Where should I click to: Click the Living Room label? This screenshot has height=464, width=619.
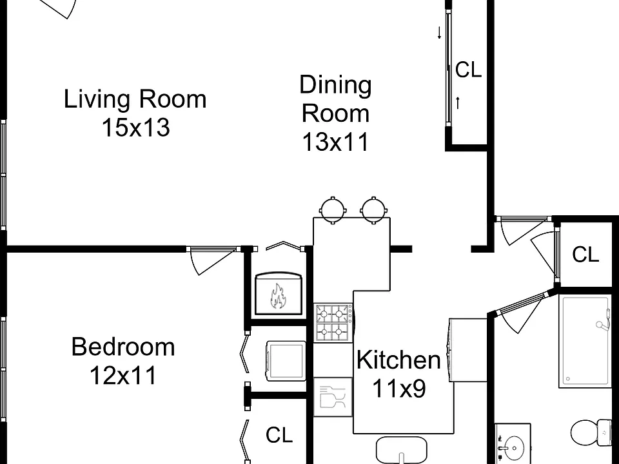[135, 99]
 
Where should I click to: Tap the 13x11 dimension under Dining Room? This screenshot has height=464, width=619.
[335, 142]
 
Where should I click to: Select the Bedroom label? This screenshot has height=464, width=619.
[123, 347]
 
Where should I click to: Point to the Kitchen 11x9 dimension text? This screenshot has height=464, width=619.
[399, 388]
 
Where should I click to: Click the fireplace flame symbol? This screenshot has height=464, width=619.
[278, 296]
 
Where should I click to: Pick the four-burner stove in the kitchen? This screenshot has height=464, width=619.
[333, 323]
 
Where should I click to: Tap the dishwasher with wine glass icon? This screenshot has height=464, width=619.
[333, 397]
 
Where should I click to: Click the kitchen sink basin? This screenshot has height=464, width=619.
[402, 450]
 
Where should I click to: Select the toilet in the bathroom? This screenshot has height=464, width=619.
[591, 433]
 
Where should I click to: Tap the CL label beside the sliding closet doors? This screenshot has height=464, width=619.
[468, 70]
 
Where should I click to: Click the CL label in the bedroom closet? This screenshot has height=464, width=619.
[279, 435]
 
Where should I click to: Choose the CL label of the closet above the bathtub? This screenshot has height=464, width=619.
[585, 255]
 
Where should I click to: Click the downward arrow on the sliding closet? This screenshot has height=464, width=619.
[439, 33]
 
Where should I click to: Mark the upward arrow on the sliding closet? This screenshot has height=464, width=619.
[458, 102]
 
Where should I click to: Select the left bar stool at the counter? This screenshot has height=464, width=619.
[333, 209]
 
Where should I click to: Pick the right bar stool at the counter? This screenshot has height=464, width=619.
[373, 209]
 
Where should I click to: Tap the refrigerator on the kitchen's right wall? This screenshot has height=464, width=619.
[467, 350]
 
